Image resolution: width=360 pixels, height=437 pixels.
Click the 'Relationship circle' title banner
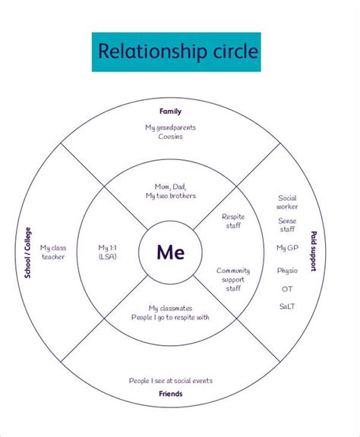click(x=175, y=52)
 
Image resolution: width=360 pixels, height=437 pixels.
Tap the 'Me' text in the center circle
click(x=170, y=253)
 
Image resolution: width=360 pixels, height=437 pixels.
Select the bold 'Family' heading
click(x=170, y=112)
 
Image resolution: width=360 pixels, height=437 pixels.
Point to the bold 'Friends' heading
click(x=170, y=394)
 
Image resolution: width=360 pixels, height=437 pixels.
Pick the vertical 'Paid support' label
click(x=313, y=251)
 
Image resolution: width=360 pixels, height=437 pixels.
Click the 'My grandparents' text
click(x=170, y=127)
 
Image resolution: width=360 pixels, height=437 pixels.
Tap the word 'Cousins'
click(x=170, y=137)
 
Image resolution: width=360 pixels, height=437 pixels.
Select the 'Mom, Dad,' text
click(x=170, y=187)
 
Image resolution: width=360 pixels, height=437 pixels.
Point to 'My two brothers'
click(x=170, y=196)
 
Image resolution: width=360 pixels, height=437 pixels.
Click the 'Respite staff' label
click(x=233, y=221)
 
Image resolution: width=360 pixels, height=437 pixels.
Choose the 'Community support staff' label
click(x=233, y=279)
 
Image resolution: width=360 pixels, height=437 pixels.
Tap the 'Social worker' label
click(x=287, y=202)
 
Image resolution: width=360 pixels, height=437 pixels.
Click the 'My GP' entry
click(x=286, y=248)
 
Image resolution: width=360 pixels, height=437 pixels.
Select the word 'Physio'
click(x=287, y=269)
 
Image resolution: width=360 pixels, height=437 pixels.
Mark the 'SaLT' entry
click(x=287, y=306)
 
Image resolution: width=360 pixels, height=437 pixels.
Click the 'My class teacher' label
click(x=54, y=252)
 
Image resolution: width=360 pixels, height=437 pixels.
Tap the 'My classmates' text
click(x=170, y=308)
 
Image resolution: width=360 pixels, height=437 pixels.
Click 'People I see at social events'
click(x=170, y=380)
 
